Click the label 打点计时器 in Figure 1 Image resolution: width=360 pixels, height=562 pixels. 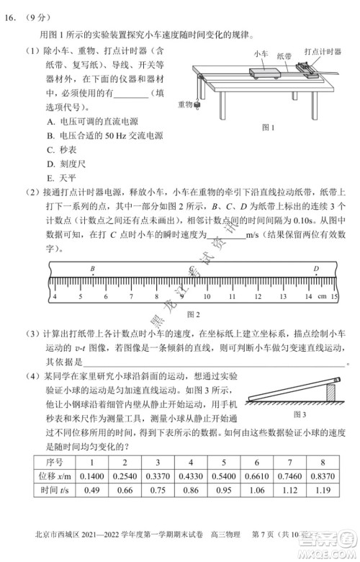pyautogui.click(x=321, y=52)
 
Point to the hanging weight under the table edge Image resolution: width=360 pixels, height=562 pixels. pyautogui.click(x=194, y=106)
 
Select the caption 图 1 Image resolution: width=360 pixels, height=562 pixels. pyautogui.click(x=269, y=128)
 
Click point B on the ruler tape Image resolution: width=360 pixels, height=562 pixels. pyautogui.click(x=92, y=269)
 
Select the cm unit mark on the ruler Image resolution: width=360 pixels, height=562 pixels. pyautogui.click(x=322, y=296)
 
